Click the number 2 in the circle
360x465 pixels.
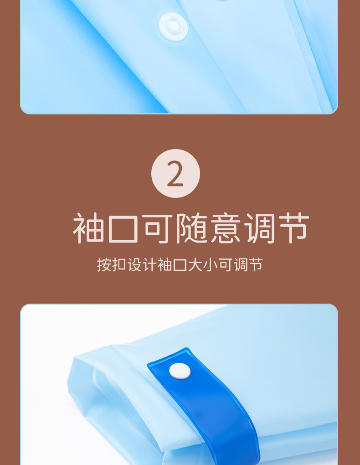175,174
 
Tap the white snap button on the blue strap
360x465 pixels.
180,371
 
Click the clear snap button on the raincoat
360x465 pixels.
173,27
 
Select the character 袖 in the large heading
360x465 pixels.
89,228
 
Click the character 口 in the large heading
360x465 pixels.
123,229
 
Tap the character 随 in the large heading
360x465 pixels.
192,228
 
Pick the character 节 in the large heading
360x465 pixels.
294,228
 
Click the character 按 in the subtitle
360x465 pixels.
104,264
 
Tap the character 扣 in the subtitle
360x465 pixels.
119,264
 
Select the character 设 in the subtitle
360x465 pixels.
134,264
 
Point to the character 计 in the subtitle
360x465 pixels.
149,264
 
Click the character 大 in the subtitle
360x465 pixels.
195,264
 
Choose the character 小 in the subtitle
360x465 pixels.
210,264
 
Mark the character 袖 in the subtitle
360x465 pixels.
165,264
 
